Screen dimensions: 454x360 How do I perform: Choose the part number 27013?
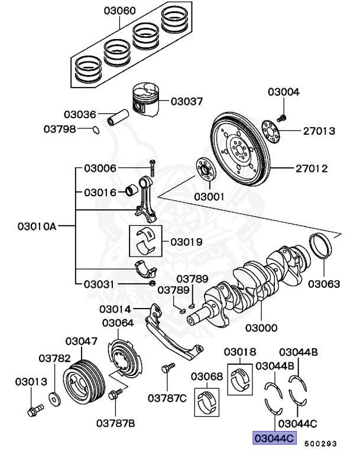click(x=320, y=131)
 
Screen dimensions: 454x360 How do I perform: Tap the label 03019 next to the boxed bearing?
click(x=186, y=242)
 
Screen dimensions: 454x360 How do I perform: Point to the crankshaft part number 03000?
click(x=262, y=327)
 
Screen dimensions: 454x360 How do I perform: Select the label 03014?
click(x=115, y=309)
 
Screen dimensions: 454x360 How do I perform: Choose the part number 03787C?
click(x=167, y=398)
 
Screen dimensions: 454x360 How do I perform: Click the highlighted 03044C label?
click(x=274, y=439)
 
